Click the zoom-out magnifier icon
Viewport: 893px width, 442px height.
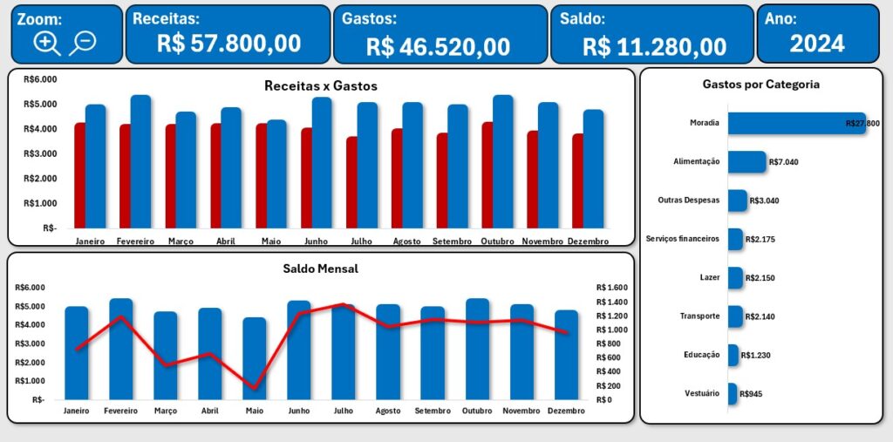click(x=83, y=42)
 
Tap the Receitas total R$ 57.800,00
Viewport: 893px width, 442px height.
click(x=228, y=43)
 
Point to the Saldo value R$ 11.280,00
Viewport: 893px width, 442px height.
click(x=654, y=46)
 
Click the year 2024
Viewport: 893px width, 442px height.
click(x=817, y=43)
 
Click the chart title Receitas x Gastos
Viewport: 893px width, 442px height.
click(x=320, y=85)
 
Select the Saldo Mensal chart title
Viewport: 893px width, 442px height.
click(x=320, y=269)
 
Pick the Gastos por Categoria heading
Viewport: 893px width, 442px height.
click(x=760, y=85)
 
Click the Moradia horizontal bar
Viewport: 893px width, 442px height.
click(x=794, y=123)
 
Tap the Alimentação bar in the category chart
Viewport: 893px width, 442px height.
click(x=746, y=161)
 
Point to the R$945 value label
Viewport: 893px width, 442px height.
click(x=751, y=394)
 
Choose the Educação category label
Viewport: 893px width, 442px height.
click(x=702, y=355)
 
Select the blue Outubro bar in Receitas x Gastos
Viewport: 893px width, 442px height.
click(x=502, y=162)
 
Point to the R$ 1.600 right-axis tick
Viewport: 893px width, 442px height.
click(x=611, y=288)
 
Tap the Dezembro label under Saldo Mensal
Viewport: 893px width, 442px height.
click(x=566, y=411)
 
